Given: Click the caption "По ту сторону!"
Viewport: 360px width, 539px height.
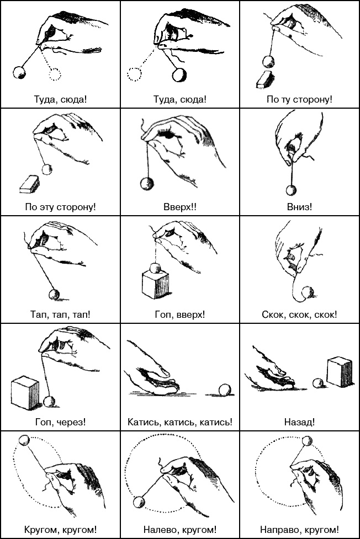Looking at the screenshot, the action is tap(299, 100).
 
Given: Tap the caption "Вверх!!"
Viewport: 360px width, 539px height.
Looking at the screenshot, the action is tap(180, 207).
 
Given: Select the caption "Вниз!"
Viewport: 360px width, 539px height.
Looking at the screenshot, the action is tap(299, 207).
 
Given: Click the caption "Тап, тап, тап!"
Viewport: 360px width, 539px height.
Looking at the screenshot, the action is tap(60, 314).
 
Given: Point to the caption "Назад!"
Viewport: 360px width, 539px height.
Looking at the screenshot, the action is tap(299, 422).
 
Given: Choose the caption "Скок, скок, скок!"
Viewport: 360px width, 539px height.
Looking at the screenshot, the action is tap(299, 314).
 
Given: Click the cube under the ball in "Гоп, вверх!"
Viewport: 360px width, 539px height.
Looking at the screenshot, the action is tap(155, 284).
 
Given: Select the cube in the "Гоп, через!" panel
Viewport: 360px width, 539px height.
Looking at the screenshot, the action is tap(25, 393).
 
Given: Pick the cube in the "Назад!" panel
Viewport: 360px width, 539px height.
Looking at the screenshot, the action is tap(340, 372).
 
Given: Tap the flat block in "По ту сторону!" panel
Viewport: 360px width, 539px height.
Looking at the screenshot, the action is tap(266, 79).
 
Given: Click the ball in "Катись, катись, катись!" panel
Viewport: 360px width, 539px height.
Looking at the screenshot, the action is tap(225, 390).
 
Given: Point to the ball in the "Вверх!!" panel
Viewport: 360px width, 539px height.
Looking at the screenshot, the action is tap(147, 184).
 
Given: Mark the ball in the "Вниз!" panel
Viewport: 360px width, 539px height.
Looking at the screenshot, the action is tap(291, 190).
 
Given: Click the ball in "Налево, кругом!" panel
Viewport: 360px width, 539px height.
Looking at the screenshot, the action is tap(139, 502).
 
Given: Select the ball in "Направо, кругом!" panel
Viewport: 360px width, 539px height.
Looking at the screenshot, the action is tap(306, 441).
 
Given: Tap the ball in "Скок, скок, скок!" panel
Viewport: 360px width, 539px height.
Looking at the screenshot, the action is tap(308, 292).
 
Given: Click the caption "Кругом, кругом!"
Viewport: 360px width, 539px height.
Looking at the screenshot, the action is tap(60, 530).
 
